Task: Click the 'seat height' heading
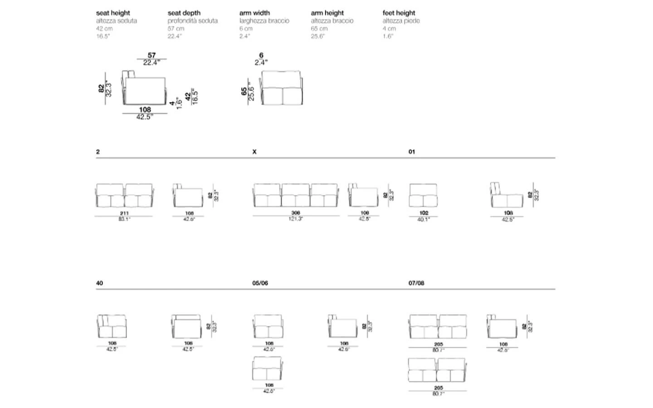[113, 13]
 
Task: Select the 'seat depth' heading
[184, 13]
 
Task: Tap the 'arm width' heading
[254, 13]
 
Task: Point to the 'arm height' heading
[327, 13]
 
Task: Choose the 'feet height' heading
[399, 13]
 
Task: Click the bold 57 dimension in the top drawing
[151, 55]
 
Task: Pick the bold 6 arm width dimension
[261, 55]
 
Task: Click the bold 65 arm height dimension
[244, 91]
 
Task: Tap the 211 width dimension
[124, 213]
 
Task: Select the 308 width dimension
[296, 213]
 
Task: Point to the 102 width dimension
[424, 213]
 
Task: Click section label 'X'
[254, 152]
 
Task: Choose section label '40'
[99, 283]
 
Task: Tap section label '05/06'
[260, 283]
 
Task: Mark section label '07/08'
[416, 283]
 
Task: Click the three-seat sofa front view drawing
[296, 195]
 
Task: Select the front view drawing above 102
[423, 195]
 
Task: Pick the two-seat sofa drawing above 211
[124, 195]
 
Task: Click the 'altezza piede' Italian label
[401, 21]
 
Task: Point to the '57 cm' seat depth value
[176, 29]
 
